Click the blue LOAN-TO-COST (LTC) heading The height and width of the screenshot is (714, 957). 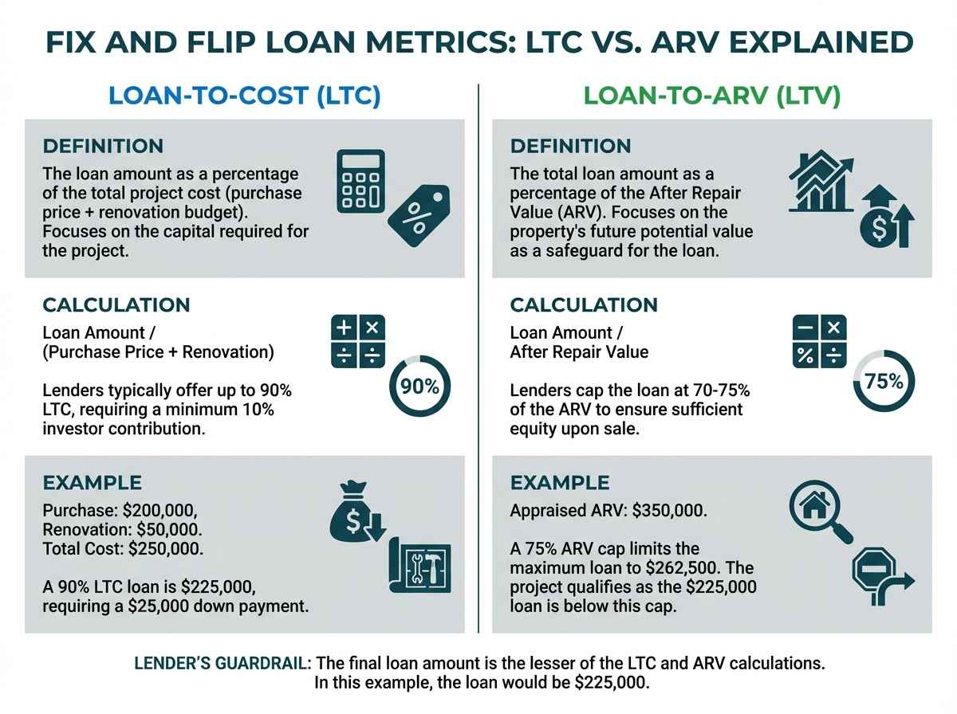244,96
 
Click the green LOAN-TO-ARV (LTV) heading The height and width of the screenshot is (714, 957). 711,96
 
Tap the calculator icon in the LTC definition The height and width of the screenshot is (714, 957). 360,181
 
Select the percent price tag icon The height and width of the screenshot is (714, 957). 419,216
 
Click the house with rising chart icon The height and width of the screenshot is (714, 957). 821,181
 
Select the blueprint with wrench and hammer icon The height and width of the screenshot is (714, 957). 419,566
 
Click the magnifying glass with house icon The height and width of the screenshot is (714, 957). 821,512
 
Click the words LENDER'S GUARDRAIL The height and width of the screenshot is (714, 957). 223,663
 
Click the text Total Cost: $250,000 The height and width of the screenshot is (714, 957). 123,548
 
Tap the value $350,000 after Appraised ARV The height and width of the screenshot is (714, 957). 669,510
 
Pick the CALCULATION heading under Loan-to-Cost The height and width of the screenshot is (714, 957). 116,305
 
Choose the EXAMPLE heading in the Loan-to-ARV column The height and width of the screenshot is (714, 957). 560,483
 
